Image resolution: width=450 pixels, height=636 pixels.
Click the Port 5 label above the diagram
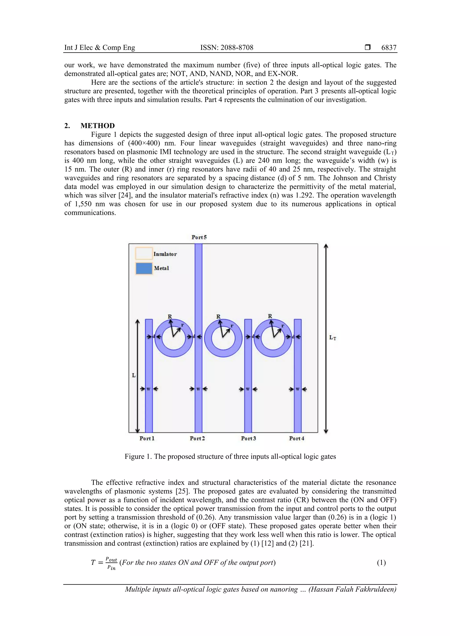(199, 237)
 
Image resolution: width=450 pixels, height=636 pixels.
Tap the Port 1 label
(147, 438)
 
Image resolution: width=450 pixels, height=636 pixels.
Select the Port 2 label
(197, 438)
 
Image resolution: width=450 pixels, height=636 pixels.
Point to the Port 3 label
(249, 438)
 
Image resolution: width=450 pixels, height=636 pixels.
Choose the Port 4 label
(297, 438)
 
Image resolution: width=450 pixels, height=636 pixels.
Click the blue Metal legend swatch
(144, 268)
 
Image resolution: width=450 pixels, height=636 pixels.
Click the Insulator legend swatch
(144, 254)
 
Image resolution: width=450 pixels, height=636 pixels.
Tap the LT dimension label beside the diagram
(332, 337)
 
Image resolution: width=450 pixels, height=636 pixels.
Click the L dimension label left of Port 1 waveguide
(134, 375)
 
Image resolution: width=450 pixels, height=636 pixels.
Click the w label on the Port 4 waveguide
(298, 389)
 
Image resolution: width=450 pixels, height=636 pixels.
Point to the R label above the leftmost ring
(170, 316)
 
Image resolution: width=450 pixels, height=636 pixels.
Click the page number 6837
(389, 48)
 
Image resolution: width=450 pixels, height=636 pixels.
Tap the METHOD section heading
(98, 126)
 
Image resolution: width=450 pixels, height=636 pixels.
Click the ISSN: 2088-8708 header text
(227, 48)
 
